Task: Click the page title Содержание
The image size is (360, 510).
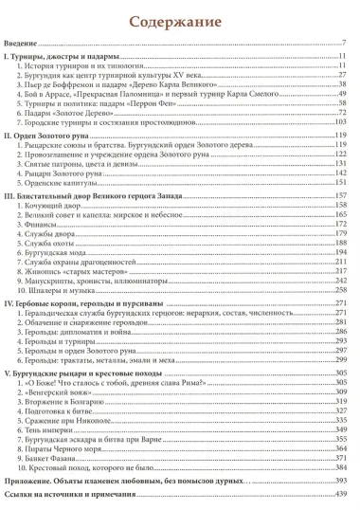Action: [180, 20]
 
